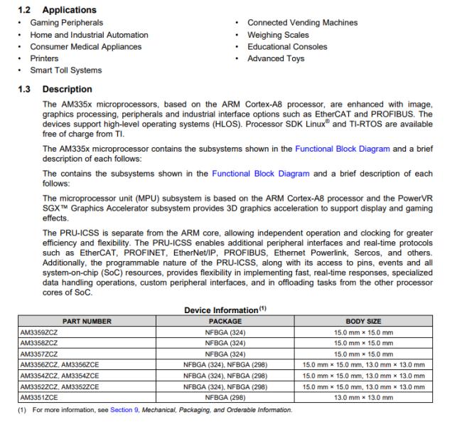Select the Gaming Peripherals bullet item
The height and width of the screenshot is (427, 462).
66,23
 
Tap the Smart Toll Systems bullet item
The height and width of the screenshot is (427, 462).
65,70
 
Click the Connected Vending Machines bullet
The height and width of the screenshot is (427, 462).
302,23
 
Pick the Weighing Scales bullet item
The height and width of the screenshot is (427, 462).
278,35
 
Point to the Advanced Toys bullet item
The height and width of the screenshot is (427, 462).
276,58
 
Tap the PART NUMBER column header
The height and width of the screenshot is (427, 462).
87,322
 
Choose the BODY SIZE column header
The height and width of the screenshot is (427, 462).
363,322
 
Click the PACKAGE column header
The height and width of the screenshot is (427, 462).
225,322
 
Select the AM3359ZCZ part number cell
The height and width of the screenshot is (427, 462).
39,332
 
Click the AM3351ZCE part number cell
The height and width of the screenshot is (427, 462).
39,396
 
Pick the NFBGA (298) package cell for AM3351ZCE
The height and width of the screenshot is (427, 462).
225,396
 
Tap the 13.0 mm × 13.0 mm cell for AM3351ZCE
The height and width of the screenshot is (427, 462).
363,396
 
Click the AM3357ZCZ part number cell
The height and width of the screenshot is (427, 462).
39,354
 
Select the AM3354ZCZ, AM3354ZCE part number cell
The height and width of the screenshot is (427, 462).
59,375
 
